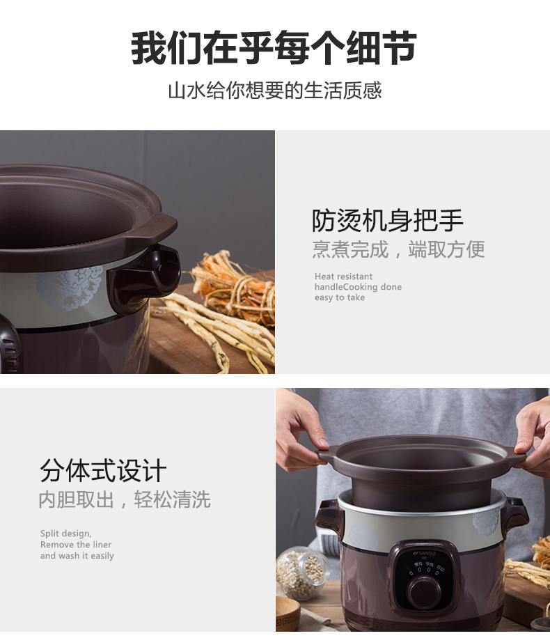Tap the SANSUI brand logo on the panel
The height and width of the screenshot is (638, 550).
point(424,553)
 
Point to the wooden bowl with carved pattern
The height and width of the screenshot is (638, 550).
point(288,614)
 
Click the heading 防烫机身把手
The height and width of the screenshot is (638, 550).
point(387,221)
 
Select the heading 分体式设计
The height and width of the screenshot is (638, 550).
point(103,470)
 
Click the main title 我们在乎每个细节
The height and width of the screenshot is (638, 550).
point(274,47)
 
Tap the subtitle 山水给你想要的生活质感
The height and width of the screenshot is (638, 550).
point(275,90)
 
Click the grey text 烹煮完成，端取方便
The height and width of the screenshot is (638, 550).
point(398,249)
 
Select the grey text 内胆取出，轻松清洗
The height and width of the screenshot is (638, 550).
point(125,499)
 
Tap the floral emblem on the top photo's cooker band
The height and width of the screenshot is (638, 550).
point(70,287)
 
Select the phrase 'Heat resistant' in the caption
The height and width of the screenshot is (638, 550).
point(343,277)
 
